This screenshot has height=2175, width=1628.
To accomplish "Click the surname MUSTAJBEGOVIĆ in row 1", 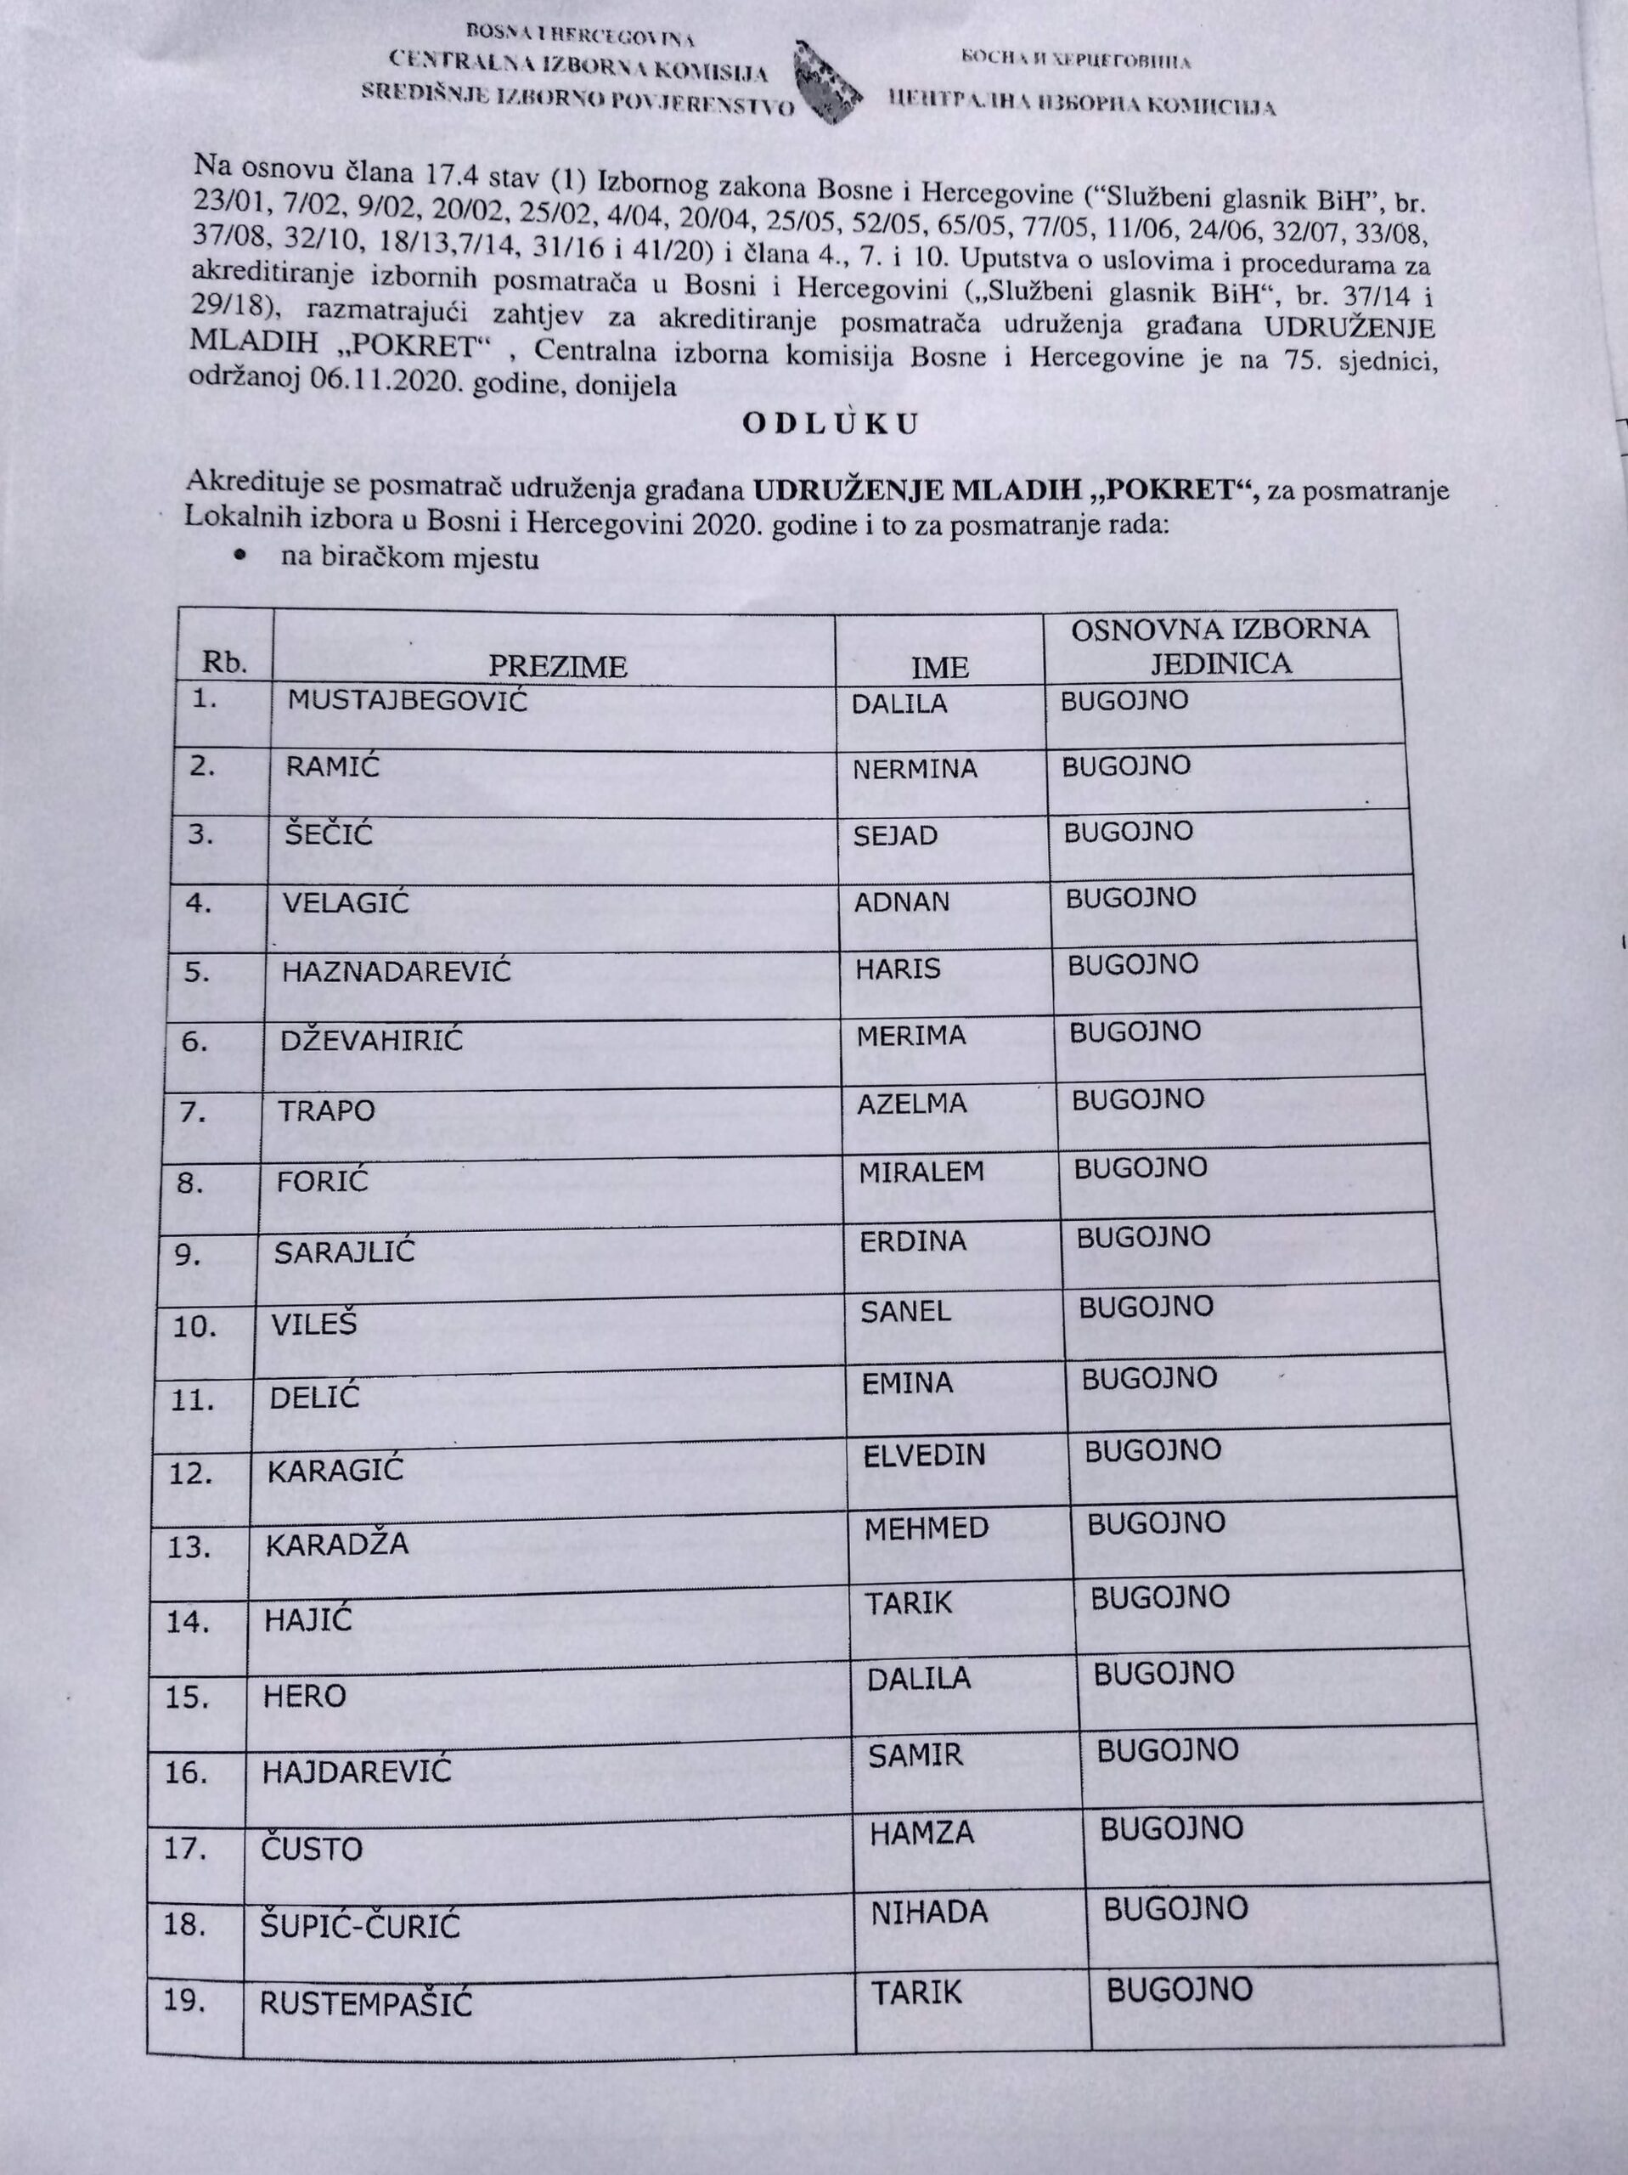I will click(407, 701).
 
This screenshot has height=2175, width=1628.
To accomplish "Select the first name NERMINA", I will click(915, 769).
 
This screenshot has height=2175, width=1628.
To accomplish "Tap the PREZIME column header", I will click(557, 667).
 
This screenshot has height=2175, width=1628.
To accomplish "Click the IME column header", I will click(940, 668).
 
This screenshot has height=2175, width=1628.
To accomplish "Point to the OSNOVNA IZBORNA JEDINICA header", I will click(1220, 645).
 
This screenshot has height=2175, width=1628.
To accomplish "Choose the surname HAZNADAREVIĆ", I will click(397, 971).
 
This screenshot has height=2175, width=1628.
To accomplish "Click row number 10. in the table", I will click(194, 1327).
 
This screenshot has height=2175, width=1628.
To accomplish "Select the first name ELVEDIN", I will click(924, 1455).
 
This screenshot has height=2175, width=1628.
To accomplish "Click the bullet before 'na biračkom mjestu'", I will click(239, 556).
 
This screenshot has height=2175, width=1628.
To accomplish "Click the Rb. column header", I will click(223, 663).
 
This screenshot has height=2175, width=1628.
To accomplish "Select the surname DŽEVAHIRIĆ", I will click(372, 1040).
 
